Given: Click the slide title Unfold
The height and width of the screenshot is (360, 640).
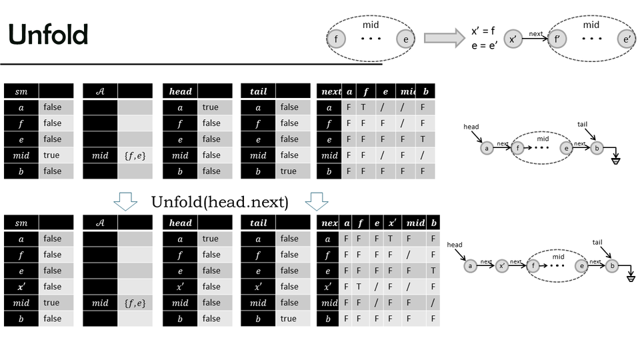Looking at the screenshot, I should pyautogui.click(x=49, y=34).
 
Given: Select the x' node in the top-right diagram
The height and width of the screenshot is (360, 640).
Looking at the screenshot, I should pyautogui.click(x=513, y=39).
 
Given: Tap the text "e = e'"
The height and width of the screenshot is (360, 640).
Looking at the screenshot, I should pyautogui.click(x=484, y=45).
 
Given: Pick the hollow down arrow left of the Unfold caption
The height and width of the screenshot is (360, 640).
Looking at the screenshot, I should pyautogui.click(x=125, y=201).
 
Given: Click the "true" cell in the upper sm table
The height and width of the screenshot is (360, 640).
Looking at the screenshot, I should pyautogui.click(x=51, y=155).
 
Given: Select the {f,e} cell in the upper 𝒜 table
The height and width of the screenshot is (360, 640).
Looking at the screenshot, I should pyautogui.click(x=135, y=155).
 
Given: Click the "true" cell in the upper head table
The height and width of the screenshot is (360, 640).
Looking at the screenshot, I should pyautogui.click(x=211, y=107).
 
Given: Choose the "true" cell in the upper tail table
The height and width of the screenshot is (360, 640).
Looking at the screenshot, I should pyautogui.click(x=289, y=171).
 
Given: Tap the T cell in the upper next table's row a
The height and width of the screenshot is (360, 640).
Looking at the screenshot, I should pyautogui.click(x=363, y=107).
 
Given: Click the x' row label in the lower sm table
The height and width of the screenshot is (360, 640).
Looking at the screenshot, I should pyautogui.click(x=21, y=287).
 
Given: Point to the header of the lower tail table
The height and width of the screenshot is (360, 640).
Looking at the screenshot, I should pyautogui.click(x=258, y=223).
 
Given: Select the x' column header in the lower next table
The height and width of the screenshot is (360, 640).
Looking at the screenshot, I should pyautogui.click(x=393, y=223).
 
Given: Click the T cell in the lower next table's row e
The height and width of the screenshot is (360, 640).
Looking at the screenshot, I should pyautogui.click(x=433, y=271).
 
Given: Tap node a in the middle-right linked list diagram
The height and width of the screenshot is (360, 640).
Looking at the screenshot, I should pyautogui.click(x=487, y=149).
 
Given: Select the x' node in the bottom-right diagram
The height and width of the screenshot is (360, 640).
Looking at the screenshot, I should pyautogui.click(x=503, y=266).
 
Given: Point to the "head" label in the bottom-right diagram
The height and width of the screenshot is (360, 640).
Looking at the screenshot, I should pyautogui.click(x=455, y=245).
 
